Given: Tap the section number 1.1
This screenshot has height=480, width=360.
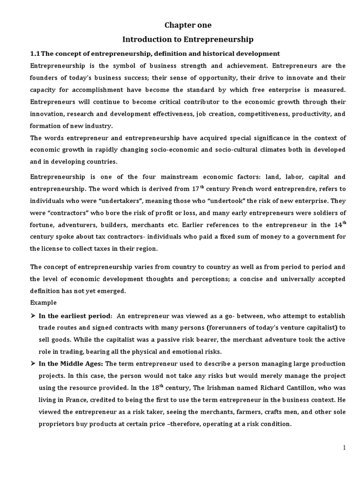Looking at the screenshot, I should (x=36, y=53).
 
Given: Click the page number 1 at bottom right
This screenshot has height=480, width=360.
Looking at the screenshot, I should (x=345, y=448).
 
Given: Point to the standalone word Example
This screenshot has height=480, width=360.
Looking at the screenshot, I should (x=44, y=302).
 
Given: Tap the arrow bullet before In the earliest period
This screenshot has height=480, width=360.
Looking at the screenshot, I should (x=33, y=315).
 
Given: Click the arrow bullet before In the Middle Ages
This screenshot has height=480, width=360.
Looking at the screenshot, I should (x=33, y=364).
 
